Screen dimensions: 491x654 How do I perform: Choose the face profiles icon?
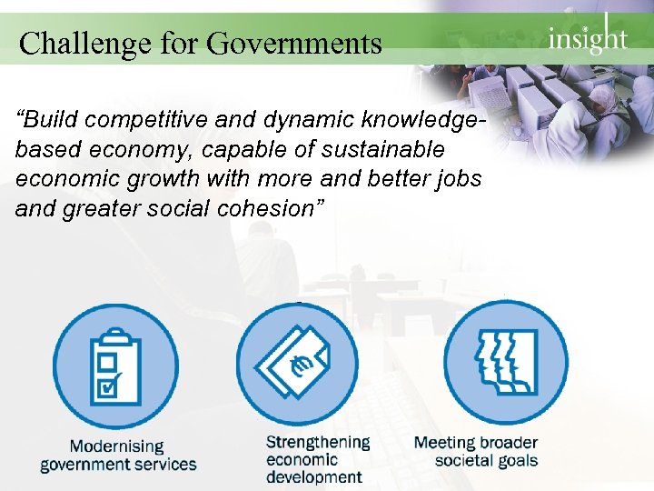pos(503,363)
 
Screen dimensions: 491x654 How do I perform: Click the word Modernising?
pos(117,446)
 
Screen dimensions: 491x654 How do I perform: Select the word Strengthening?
pos(318,442)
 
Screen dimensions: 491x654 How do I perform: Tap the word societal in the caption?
pos(468,460)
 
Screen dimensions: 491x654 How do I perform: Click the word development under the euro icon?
pos(313,476)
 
